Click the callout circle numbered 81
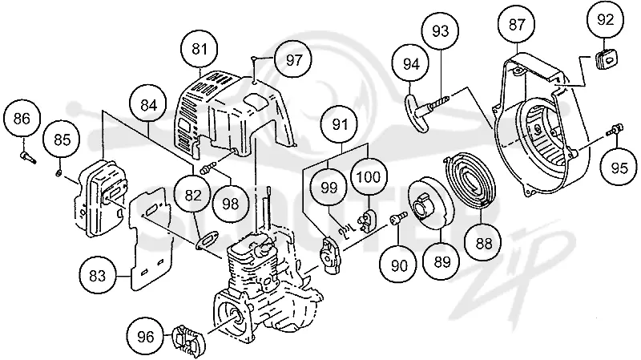199,50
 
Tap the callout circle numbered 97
293,60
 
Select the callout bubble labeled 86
22,119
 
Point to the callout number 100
369,177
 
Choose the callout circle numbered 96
146,336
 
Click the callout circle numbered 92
606,19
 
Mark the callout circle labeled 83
97,276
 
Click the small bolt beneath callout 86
28,157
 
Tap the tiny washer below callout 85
58,173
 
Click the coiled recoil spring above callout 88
469,180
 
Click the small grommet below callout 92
605,59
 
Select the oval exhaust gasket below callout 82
208,240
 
